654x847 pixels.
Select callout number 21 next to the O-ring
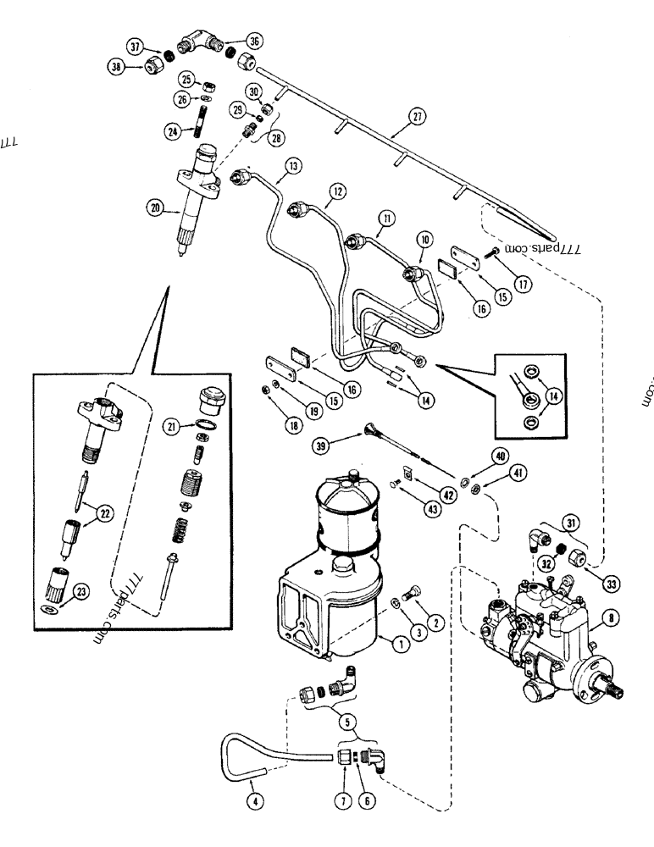coord(175,429)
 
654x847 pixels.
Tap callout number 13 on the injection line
coord(292,167)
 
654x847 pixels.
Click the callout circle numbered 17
coord(523,285)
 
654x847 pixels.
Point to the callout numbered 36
coord(254,40)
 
